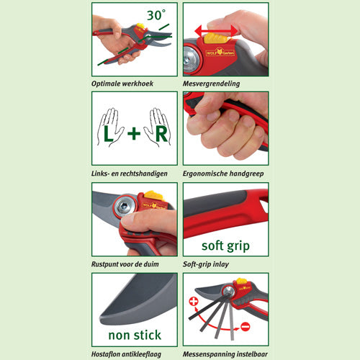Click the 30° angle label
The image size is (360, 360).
pos(156,15)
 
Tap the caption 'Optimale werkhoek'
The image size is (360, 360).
pos(122,84)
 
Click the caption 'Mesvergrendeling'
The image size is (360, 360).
pos(211,84)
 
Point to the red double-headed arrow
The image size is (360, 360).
pos(216,31)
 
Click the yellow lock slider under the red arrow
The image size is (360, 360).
pos(215,38)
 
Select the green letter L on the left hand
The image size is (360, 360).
pos(108,134)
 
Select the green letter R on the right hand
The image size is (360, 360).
pos(161,134)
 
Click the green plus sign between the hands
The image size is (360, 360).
pos(134,133)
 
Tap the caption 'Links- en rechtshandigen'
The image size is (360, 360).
pos(129,174)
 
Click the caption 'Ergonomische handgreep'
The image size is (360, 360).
pos(223,174)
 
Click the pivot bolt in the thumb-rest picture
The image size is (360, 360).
pos(125,205)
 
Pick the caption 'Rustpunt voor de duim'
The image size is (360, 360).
pos(125,264)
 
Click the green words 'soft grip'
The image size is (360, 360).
pos(225,246)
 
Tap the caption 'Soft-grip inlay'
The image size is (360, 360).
pos(206,264)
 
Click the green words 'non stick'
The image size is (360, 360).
pos(135,335)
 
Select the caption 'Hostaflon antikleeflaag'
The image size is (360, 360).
pos(126,354)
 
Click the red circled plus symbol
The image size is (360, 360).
pos(194,301)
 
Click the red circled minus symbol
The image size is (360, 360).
pos(246,327)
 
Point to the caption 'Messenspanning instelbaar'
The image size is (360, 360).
pos(225,354)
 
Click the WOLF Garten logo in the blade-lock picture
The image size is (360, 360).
pos(220,53)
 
